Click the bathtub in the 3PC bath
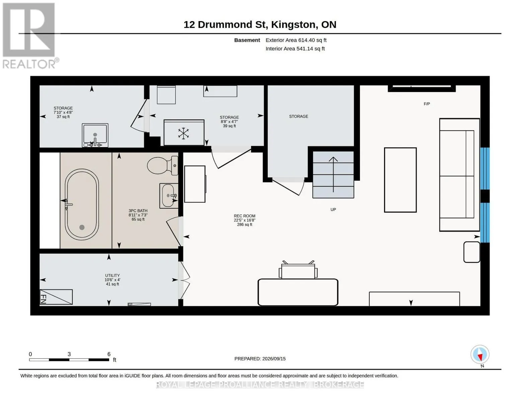click(x=82, y=205)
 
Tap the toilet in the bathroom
click(x=162, y=165)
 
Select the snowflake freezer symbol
click(x=183, y=133)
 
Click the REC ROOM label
click(x=244, y=216)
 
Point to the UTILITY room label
click(x=113, y=275)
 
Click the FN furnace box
click(x=56, y=297)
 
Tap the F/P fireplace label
click(x=427, y=104)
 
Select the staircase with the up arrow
click(x=333, y=175)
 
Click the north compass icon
click(x=480, y=355)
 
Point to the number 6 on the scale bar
click(x=109, y=354)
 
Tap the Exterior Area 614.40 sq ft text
click(x=296, y=40)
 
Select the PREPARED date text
click(x=260, y=359)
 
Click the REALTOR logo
click(x=30, y=36)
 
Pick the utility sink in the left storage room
click(x=95, y=135)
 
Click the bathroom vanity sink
click(x=169, y=196)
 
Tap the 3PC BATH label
click(x=138, y=211)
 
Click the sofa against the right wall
click(x=459, y=175)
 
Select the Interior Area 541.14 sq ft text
click(x=295, y=49)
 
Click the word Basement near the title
click(x=247, y=40)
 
